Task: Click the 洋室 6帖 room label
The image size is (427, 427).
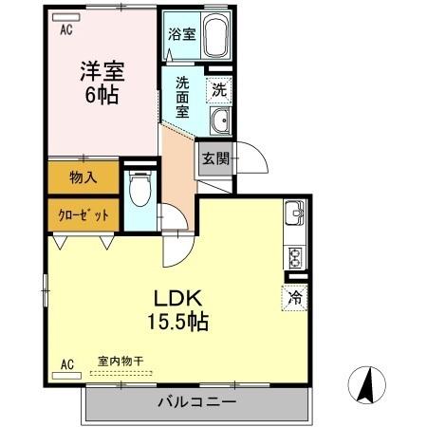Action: tap(102, 83)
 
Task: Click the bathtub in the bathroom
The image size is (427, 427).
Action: tap(212, 38)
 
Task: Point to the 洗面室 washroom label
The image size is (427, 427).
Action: tap(182, 96)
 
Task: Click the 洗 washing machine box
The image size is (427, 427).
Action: tap(218, 91)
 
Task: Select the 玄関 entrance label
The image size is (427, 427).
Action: tap(213, 158)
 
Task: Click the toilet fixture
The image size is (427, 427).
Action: tap(139, 191)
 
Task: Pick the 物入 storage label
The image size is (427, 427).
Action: tap(83, 176)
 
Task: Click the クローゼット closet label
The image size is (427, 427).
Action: tap(83, 214)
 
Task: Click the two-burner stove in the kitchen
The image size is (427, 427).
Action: tap(294, 256)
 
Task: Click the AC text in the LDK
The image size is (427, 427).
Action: tap(66, 363)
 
